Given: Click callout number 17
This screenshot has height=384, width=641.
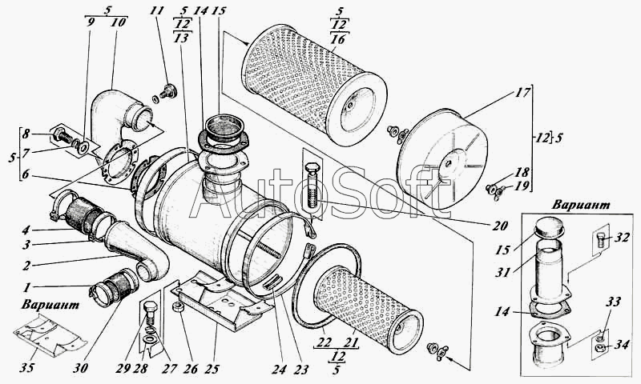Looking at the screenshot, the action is click(523, 93).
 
